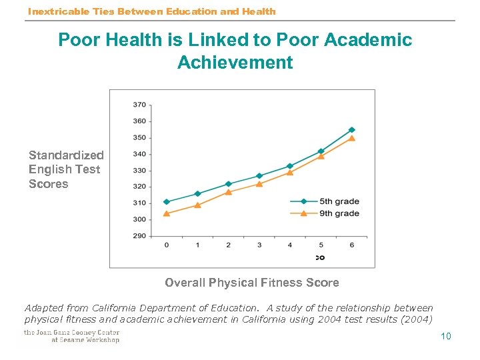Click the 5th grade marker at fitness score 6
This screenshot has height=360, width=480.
[351, 130]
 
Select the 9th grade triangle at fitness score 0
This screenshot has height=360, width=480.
[167, 213]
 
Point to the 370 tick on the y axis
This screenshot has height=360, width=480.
[139, 105]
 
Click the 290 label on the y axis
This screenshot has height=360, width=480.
[139, 235]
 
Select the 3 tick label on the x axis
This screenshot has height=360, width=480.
[259, 245]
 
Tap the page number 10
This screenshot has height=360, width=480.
[446, 336]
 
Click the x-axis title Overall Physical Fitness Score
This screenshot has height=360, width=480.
[251, 283]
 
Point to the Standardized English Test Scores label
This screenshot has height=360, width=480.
[65, 169]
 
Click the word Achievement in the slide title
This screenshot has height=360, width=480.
[235, 63]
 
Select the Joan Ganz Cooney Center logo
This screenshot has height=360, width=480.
[71, 336]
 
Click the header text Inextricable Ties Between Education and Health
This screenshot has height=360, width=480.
[151, 11]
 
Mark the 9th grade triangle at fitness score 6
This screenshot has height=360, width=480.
[351, 139]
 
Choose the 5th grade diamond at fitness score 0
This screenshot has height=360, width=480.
[167, 202]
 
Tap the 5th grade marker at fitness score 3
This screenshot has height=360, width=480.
[259, 176]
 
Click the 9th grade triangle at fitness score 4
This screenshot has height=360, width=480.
[290, 172]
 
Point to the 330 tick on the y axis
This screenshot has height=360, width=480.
[139, 170]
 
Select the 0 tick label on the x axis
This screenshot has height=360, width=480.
[167, 245]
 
